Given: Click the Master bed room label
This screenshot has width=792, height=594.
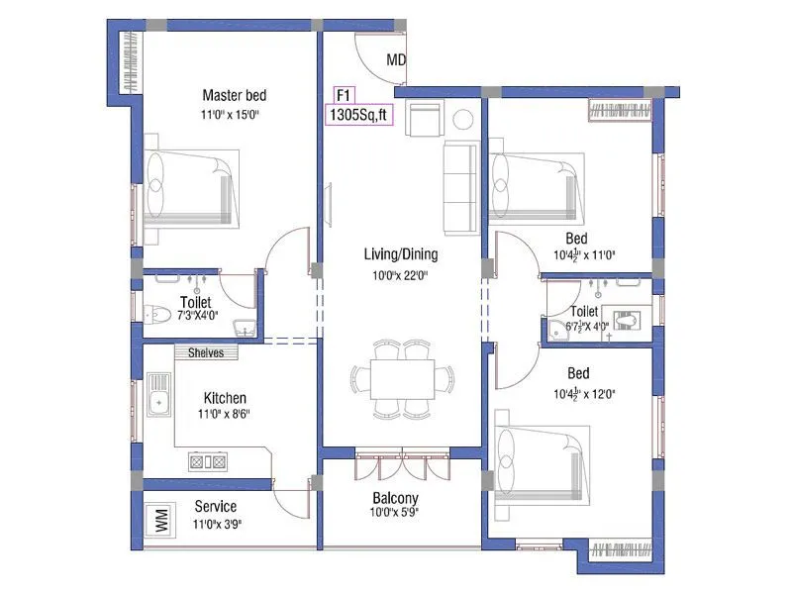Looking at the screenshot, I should tap(234, 96).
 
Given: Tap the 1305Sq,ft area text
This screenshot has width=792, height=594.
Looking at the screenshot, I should tap(359, 115).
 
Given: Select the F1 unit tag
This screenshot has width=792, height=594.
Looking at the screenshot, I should tap(345, 95).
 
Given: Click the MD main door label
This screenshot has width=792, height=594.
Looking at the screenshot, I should tap(396, 60).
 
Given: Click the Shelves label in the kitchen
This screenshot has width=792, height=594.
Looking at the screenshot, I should tap(206, 352).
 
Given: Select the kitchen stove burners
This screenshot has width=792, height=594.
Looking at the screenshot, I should tap(209, 460).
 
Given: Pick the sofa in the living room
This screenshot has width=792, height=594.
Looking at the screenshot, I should tap(461, 187).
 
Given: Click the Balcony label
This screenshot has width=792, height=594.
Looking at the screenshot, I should tap(395, 498).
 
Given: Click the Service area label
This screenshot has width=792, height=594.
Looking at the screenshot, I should tap(215, 507).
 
